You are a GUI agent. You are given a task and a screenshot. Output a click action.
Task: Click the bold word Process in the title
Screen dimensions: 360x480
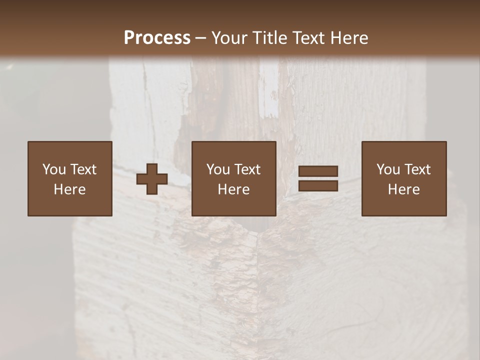coord(157,38)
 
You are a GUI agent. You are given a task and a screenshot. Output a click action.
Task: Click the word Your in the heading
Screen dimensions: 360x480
coord(229,38)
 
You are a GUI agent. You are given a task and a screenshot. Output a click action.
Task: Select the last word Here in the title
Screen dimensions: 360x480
coord(349,38)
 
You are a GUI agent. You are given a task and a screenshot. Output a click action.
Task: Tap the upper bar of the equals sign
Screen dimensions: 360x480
coord(318,171)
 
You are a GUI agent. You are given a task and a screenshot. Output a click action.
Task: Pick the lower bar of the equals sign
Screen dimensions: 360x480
coord(318,186)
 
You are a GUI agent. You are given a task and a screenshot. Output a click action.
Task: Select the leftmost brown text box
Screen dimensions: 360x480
coord(70,178)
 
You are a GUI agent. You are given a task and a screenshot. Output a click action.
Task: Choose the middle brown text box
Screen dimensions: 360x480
coord(234,178)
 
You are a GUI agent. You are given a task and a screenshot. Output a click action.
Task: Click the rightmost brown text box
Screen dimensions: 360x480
coord(404,178)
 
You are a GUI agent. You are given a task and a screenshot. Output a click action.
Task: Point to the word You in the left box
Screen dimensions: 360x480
coord(54,169)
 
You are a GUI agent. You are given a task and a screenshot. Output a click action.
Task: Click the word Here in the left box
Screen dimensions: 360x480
coord(70,189)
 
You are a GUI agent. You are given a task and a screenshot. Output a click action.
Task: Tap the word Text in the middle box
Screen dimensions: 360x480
coord(247,169)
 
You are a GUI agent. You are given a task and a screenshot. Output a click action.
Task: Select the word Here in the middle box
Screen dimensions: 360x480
coord(234,189)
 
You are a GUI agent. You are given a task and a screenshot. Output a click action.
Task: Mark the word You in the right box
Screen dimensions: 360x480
coord(388,169)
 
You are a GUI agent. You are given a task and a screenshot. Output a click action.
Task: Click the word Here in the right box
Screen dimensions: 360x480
coord(404,189)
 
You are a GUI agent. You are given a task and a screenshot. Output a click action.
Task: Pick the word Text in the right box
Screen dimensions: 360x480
coord(417,169)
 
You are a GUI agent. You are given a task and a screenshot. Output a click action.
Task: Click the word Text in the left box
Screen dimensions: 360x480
coord(83,169)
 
